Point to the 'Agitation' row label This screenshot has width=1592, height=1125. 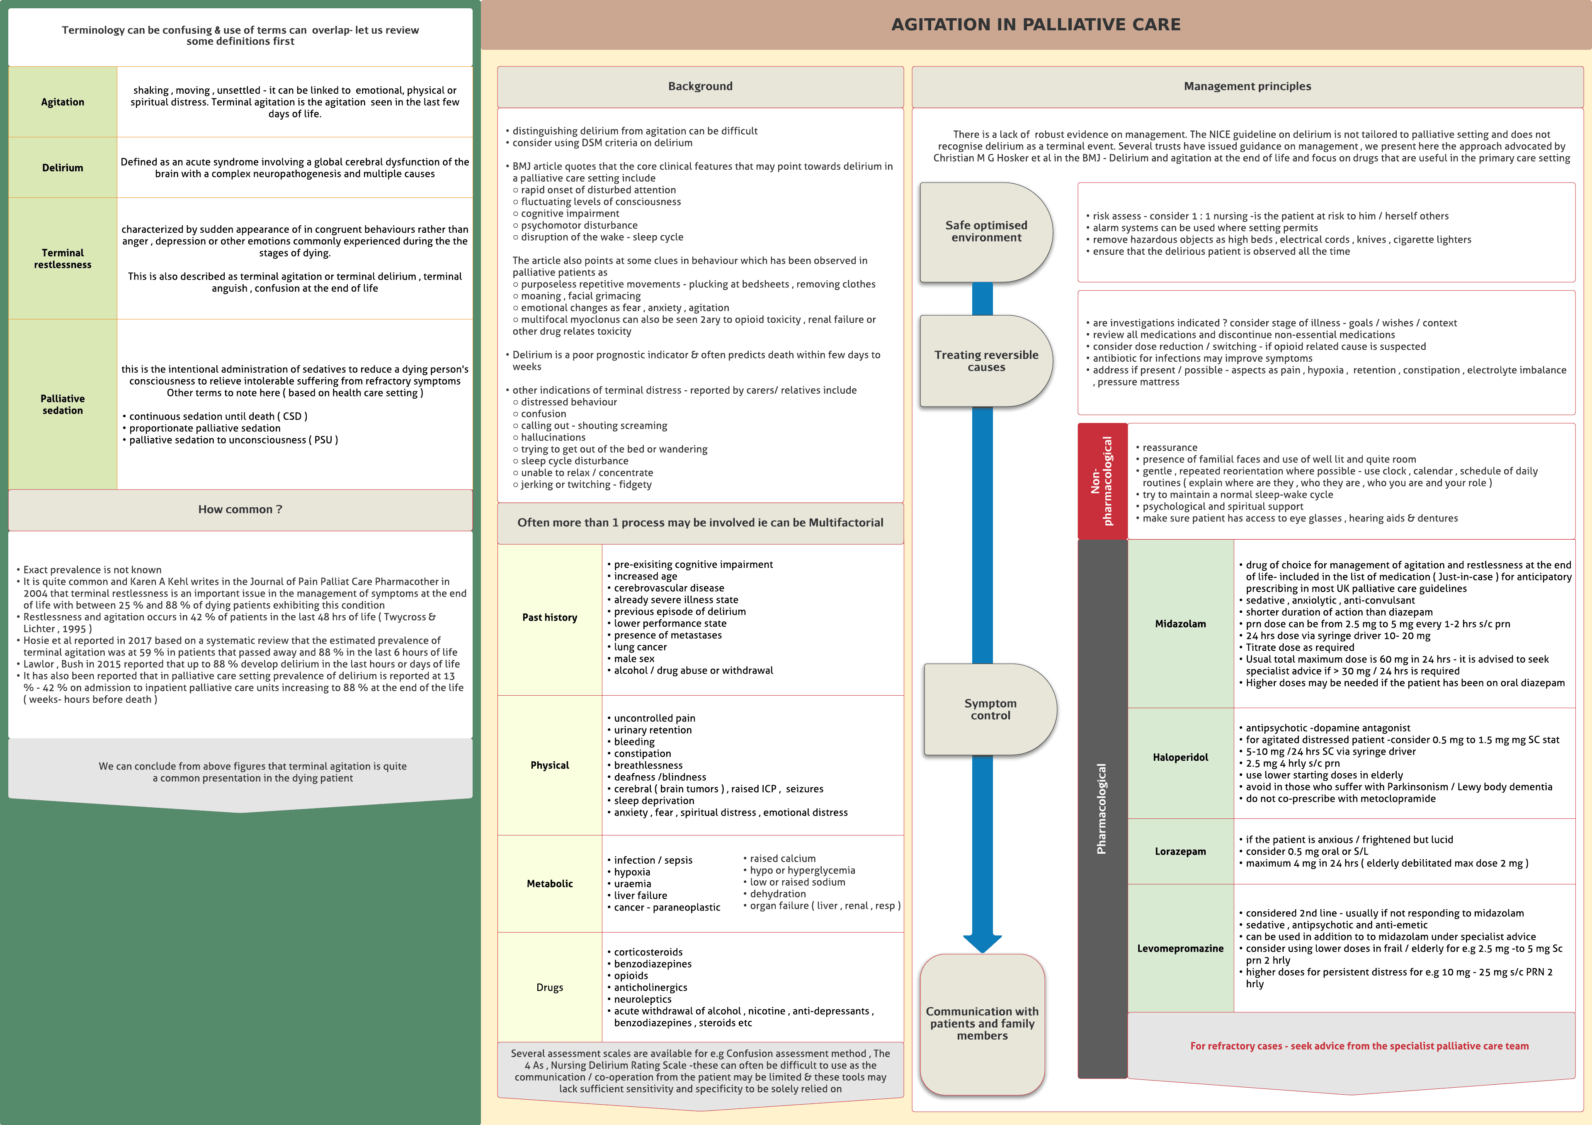[x=63, y=102]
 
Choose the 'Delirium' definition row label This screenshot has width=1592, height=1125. [x=63, y=168]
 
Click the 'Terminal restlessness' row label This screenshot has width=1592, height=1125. [x=63, y=259]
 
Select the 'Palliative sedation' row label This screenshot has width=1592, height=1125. [x=63, y=404]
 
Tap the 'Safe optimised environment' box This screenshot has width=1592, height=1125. [x=985, y=231]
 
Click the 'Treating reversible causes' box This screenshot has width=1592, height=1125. [x=985, y=360]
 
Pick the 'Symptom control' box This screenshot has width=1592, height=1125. [x=990, y=709]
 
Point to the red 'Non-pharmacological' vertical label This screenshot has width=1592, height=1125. [x=1102, y=481]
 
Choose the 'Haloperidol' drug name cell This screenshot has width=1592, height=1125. [x=1180, y=757]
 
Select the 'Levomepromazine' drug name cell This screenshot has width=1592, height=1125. [x=1180, y=948]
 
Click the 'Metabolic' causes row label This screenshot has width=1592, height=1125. [x=549, y=884]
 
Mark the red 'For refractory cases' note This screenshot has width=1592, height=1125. [x=1359, y=1046]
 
